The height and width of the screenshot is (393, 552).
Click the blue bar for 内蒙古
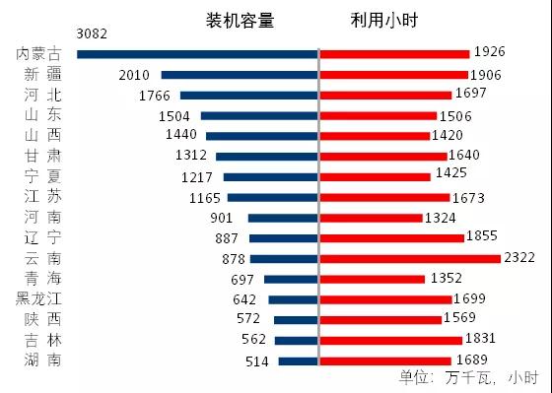point(197,53)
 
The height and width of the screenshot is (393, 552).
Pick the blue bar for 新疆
point(240,74)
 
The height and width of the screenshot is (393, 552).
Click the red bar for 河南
point(372,218)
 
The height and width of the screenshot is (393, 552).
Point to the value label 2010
point(133,75)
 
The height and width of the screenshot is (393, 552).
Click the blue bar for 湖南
point(298,361)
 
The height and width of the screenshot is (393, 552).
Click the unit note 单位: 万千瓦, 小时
point(467,378)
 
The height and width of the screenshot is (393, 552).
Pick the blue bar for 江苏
point(272,197)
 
